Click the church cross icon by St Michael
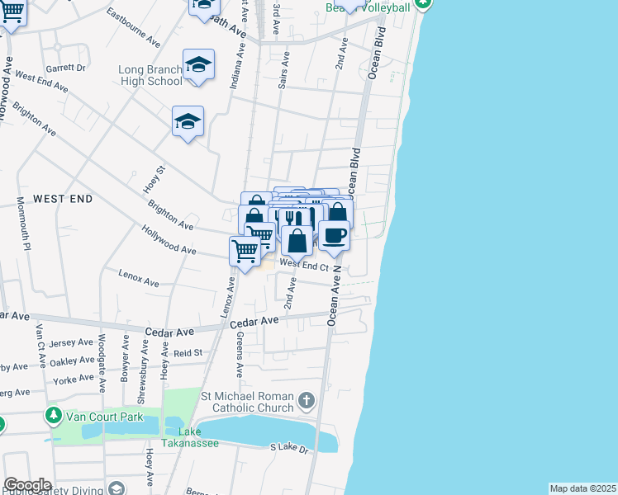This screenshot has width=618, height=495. tap(307, 402)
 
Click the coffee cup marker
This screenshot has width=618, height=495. tap(334, 236)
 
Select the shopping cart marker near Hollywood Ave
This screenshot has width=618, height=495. tap(245, 251)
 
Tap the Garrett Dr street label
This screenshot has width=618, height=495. tap(67, 68)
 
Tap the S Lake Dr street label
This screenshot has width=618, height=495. tap(289, 448)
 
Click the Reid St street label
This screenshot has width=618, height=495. tap(188, 352)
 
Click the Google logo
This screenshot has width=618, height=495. tap(27, 485)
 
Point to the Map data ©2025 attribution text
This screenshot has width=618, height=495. tap(582, 488)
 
